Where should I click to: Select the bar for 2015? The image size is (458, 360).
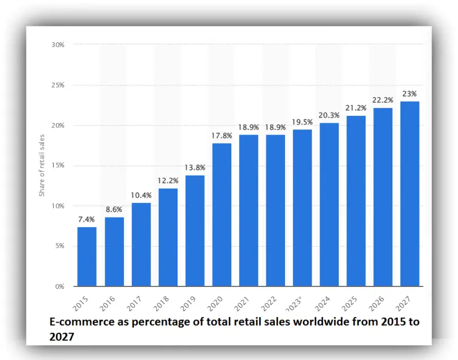(x=87, y=257)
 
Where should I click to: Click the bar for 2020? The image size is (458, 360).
(x=222, y=215)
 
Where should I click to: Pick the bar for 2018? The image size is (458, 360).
(x=168, y=237)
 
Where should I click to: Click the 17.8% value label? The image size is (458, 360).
(x=222, y=135)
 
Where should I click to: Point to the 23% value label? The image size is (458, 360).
(x=410, y=93)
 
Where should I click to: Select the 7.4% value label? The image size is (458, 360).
(x=87, y=219)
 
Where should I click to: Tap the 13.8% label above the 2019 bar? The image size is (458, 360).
(x=195, y=167)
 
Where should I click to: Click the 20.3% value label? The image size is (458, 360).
(x=329, y=115)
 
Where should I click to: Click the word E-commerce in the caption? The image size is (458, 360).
(x=76, y=322)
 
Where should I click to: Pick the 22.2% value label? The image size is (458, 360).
(x=383, y=100)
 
